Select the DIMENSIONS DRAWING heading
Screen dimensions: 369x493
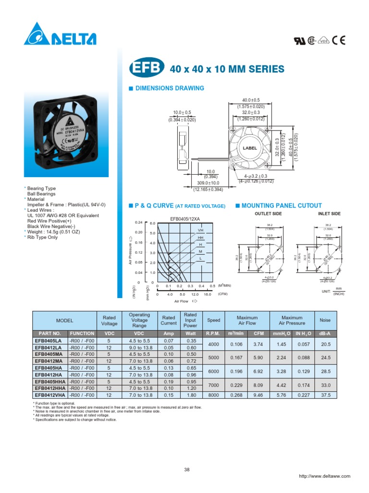[x=170, y=88]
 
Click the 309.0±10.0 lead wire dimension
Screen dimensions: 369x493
[x=209, y=183]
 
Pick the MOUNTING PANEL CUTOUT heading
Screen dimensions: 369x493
[x=273, y=206]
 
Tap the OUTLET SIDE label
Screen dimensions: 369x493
[x=267, y=213]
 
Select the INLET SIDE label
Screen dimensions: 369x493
[x=329, y=213]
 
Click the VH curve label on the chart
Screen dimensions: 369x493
[x=200, y=230]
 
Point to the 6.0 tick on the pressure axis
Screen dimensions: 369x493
[x=152, y=223]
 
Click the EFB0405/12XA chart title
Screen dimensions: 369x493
[x=184, y=219]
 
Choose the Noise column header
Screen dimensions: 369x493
[x=325, y=320]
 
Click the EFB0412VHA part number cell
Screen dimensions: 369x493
[x=50, y=395]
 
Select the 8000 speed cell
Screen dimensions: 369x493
[x=213, y=395]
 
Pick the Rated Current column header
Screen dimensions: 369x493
[x=169, y=320]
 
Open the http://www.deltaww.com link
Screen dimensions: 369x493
[x=324, y=476]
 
